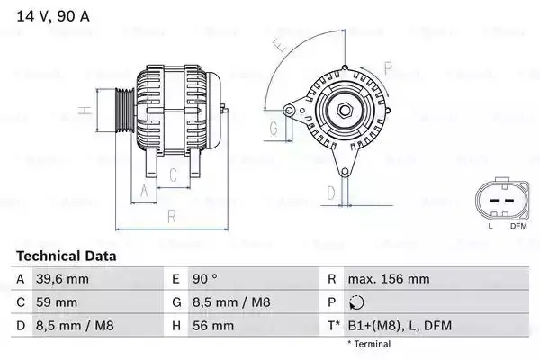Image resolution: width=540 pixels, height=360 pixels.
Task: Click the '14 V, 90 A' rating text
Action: pyautogui.click(x=52, y=15)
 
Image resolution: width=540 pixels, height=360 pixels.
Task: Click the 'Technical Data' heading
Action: pyautogui.click(x=67, y=256)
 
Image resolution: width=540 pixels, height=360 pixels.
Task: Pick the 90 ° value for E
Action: pyautogui.click(x=209, y=279)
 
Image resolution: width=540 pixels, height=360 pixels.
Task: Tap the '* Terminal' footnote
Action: pyautogui.click(x=368, y=344)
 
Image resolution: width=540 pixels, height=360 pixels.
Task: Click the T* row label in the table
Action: pyautogui.click(x=334, y=325)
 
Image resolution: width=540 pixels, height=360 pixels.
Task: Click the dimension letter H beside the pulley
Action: pyautogui.click(x=84, y=112)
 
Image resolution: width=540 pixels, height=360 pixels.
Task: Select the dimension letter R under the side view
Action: pyautogui.click(x=171, y=216)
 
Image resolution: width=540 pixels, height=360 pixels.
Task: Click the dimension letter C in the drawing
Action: pyautogui.click(x=173, y=175)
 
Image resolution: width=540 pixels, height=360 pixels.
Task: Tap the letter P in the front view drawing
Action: pyautogui.click(x=388, y=67)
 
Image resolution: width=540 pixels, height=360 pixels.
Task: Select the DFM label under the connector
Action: pyautogui.click(x=517, y=227)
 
